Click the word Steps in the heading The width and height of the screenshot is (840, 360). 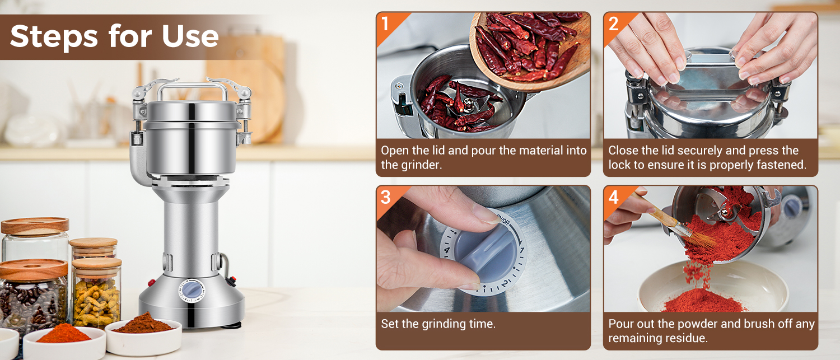(54, 36)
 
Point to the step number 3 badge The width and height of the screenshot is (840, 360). (386, 197)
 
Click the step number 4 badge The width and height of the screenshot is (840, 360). (614, 197)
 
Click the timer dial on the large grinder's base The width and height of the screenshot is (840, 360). (192, 291)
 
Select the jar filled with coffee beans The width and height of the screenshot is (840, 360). (34, 296)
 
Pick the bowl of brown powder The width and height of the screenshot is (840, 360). (143, 335)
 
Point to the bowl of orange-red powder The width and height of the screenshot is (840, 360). (64, 342)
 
